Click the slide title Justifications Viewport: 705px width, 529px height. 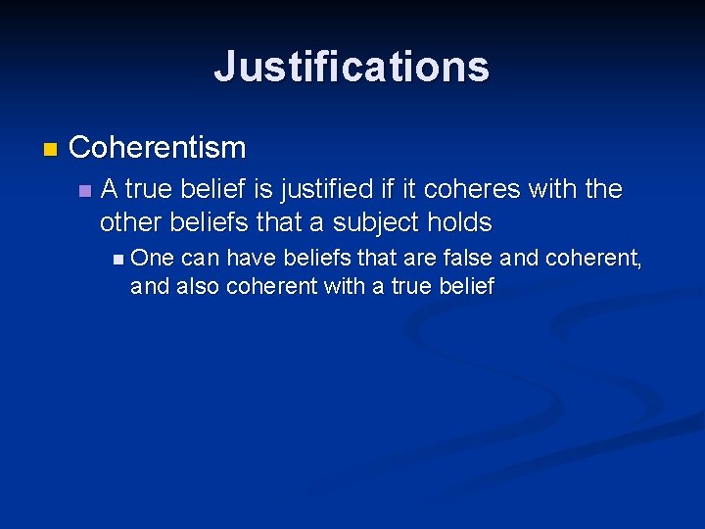352,67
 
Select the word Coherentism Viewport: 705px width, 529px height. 158,148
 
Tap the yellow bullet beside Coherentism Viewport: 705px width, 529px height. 51,150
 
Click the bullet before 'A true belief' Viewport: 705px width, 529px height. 85,189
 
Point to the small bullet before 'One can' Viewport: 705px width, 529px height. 118,260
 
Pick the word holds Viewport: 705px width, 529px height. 459,222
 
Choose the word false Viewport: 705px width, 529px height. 466,259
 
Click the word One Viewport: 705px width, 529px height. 151,259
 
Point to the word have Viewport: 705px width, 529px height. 250,259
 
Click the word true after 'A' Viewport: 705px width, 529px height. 151,188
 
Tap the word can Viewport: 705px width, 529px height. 200,259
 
